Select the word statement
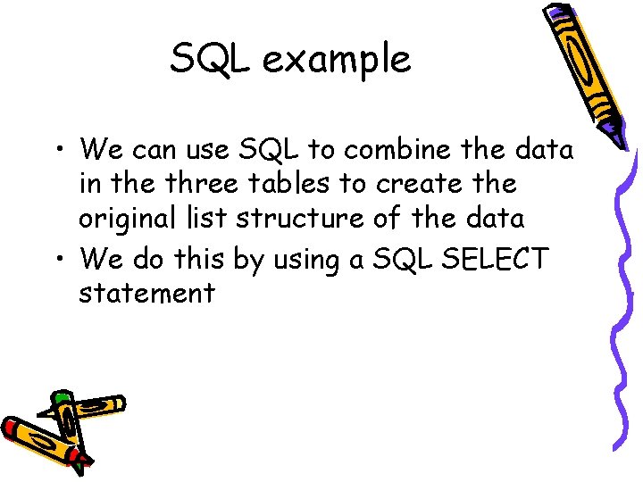click(146, 293)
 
